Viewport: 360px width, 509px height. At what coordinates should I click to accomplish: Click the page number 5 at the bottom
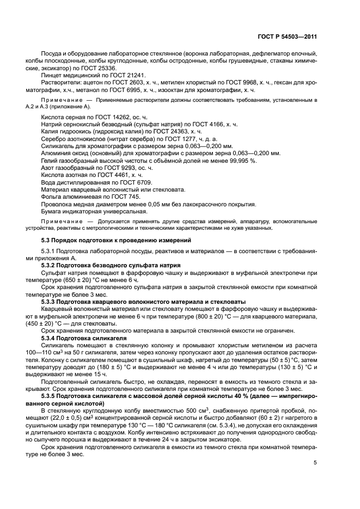tap(315, 463)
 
